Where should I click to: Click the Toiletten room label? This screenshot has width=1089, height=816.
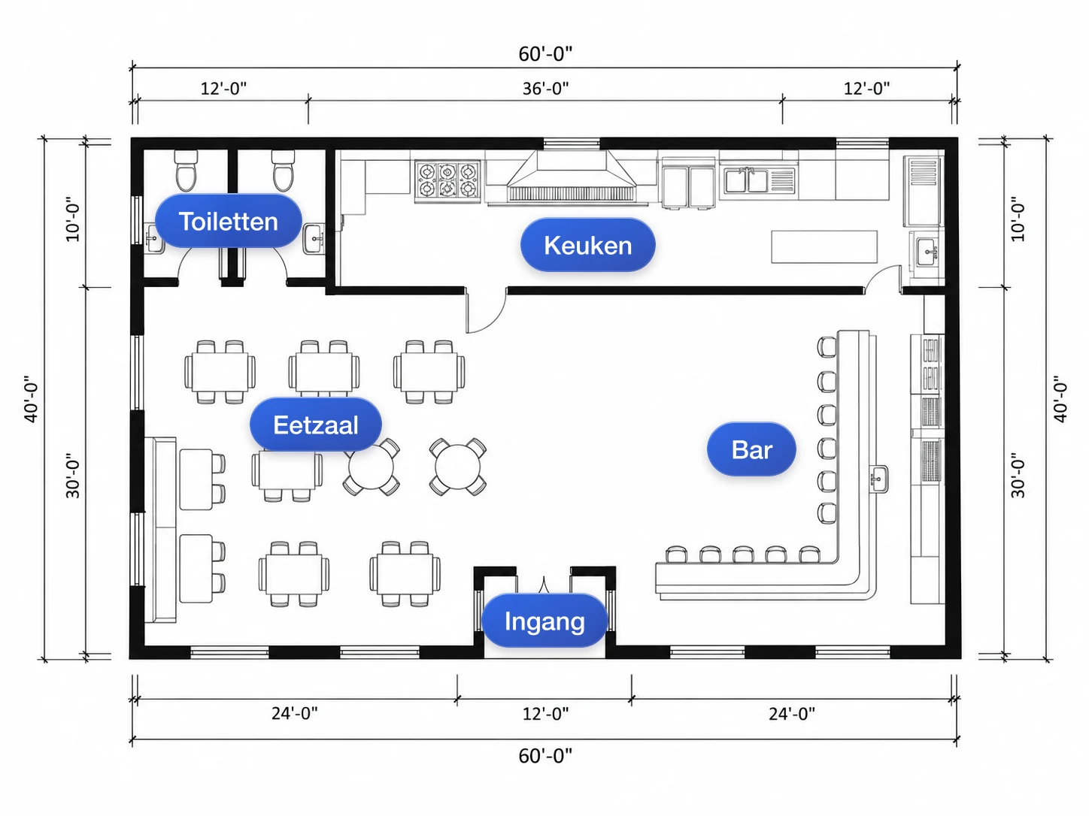click(228, 221)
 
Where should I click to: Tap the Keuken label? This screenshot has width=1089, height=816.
click(588, 245)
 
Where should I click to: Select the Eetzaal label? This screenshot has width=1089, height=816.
click(316, 425)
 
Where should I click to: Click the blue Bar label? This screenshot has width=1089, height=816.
click(751, 449)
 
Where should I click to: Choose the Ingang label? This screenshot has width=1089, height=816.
click(544, 621)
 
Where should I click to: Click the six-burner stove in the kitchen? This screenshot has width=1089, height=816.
click(447, 181)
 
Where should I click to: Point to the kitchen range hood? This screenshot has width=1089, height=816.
click(571, 177)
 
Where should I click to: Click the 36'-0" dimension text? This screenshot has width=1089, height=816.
click(545, 89)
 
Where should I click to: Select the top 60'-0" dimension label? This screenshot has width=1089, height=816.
click(545, 54)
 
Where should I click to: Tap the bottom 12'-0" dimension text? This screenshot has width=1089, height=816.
click(545, 714)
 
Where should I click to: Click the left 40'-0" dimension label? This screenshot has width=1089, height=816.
click(31, 399)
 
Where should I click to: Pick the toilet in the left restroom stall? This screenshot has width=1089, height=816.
click(186, 170)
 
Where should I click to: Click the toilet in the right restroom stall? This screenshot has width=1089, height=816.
click(284, 170)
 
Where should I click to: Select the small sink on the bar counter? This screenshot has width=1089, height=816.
click(878, 479)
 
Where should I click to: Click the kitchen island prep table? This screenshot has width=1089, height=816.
click(824, 246)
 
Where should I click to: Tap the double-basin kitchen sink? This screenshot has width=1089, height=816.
click(759, 180)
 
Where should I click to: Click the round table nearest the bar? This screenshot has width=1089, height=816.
click(458, 467)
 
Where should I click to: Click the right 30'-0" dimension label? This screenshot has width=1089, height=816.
click(1018, 475)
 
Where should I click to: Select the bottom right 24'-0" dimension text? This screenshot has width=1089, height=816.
click(792, 714)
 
